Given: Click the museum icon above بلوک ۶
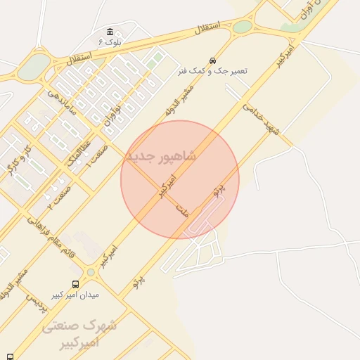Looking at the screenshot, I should (x=110, y=32).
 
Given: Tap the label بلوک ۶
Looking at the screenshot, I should (x=110, y=42).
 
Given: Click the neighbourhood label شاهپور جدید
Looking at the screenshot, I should (x=160, y=155).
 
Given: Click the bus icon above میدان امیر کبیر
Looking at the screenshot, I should (x=75, y=284).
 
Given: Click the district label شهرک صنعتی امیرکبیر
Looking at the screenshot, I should (x=79, y=335).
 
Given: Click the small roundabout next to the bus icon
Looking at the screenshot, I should (x=91, y=272).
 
